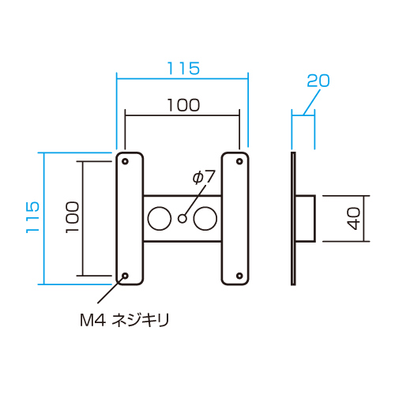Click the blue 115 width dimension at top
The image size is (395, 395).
click(183, 69)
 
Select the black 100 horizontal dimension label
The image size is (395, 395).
click(183, 105)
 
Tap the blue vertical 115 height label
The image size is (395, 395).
click(32, 217)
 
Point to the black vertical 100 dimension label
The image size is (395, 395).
click(72, 217)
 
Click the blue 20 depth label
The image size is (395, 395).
click(318, 81)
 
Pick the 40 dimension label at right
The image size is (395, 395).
click(353, 218)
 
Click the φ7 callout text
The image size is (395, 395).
click(204, 177)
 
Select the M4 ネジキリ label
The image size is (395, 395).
click(125, 320)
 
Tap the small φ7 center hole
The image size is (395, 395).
click(182, 219)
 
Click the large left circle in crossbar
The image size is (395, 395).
click(160, 219)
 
